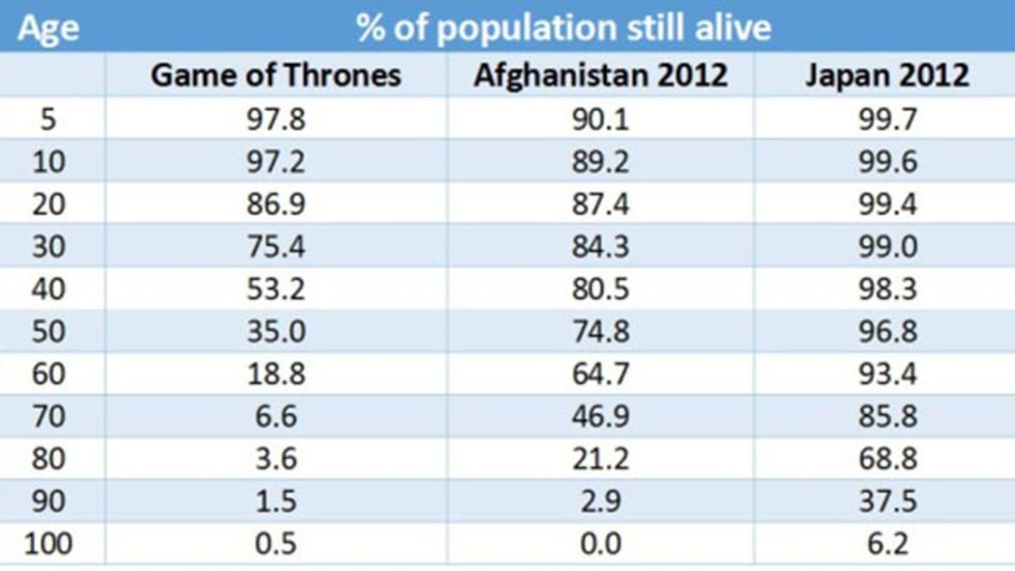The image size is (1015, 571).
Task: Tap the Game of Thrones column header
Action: point(275,75)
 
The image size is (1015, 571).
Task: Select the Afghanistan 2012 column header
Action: point(601,75)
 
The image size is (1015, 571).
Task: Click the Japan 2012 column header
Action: point(886,75)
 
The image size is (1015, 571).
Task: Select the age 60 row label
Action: point(49,373)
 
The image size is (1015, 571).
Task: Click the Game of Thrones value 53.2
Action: point(276,288)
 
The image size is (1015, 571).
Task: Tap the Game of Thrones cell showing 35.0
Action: point(276,331)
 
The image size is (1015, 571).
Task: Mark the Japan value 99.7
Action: point(886,118)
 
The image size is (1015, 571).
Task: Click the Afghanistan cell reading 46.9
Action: point(601,416)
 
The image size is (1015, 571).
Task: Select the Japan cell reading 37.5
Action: point(886,501)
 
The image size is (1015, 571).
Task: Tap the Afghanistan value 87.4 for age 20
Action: point(601,203)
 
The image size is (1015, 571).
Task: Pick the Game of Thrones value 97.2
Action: point(276,161)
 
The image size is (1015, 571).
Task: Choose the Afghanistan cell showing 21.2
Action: point(601,458)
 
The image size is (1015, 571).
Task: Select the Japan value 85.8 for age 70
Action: point(886,416)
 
